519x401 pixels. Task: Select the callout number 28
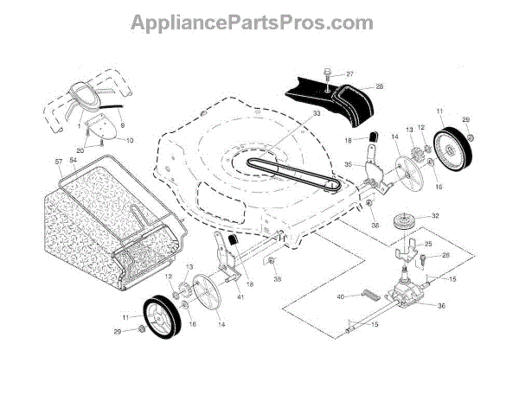[x=379, y=87]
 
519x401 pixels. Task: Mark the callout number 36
[x=441, y=306]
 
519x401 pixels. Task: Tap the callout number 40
[x=340, y=296]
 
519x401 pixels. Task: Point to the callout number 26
[x=446, y=255]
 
